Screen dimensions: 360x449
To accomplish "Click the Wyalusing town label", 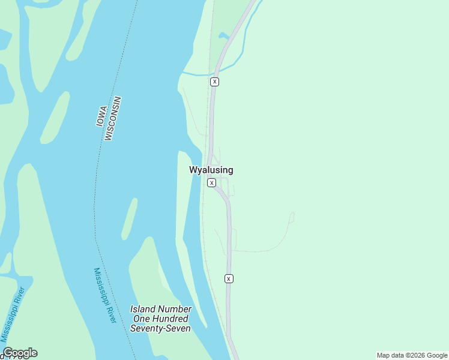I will pos(211,170).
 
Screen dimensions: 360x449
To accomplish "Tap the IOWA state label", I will pos(101,116).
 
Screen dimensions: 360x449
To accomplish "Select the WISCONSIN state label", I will pos(112,118).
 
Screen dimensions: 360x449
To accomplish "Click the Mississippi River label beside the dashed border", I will pos(104,295).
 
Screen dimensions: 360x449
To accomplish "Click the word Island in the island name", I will pos(144,309).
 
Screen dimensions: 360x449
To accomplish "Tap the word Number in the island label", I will pos(176,309).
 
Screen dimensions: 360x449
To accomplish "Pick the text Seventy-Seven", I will pos(160,328).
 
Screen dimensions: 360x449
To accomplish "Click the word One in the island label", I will pos(140,319).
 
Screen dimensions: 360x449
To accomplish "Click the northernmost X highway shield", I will pos(214,81).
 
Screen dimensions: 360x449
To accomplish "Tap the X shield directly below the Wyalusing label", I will pos(211,182).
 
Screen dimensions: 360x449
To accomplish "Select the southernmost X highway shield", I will pos(229,278).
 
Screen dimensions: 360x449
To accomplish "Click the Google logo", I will pos(20,353).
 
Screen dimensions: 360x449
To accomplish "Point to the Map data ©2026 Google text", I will pos(412,355).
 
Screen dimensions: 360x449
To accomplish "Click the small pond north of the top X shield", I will pos(224,36).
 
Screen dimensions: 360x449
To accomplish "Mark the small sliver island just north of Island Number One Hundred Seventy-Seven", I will pos(129,219).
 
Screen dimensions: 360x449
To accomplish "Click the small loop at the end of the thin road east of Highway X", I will pos(292,217).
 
